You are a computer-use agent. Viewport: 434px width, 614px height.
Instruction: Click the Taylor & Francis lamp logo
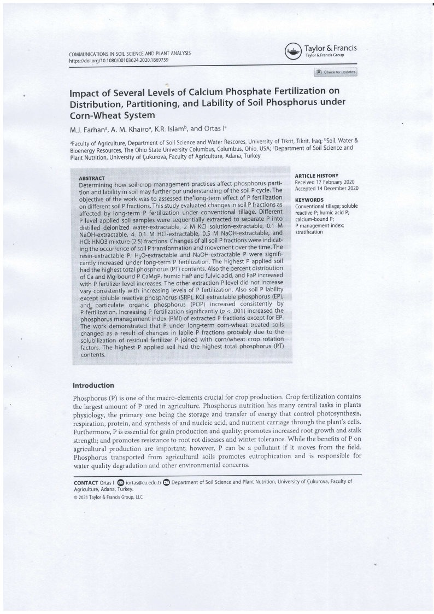pyautogui.click(x=293, y=52)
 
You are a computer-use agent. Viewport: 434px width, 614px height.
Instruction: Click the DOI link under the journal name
pyautogui.click(x=119, y=60)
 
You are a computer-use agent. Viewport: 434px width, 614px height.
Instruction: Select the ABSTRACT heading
pyautogui.click(x=92, y=178)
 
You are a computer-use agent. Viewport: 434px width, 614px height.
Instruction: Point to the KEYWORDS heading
pyautogui.click(x=309, y=200)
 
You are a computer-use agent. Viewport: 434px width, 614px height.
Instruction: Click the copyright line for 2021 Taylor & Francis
pyautogui.click(x=108, y=498)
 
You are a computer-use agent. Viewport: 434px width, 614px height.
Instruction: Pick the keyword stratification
pyautogui.click(x=309, y=232)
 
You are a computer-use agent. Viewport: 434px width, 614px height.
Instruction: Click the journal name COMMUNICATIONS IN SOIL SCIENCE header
pyautogui.click(x=130, y=54)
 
